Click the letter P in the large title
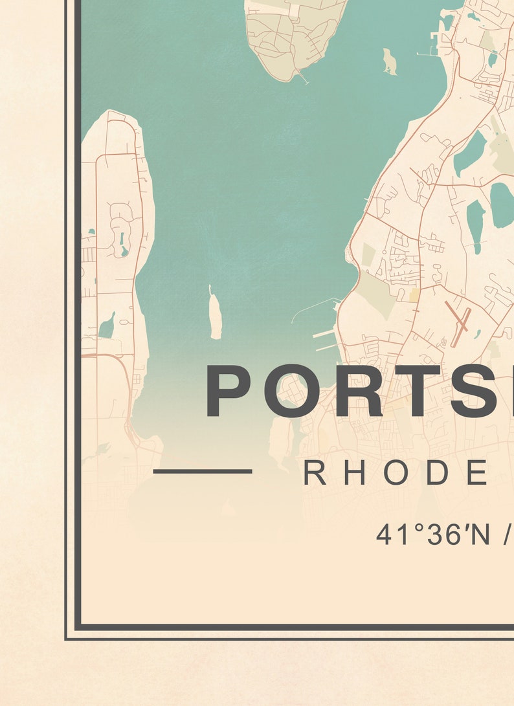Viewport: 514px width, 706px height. pos(229,391)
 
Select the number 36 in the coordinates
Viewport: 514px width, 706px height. pos(440,535)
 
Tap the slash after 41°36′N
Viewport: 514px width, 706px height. pos(508,535)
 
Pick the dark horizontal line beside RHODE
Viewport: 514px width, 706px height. pos(203,471)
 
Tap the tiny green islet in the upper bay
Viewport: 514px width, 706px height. pos(390,61)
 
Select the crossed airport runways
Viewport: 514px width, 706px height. pos(461,325)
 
